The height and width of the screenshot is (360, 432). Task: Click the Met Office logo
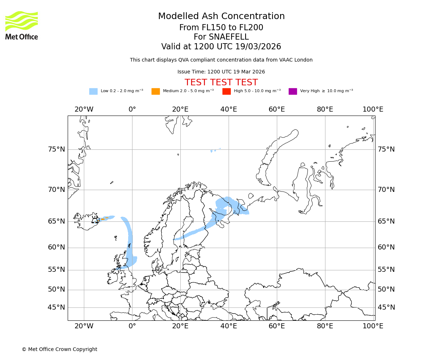coord(22,25)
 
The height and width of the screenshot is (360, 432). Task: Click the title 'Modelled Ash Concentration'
coord(221,16)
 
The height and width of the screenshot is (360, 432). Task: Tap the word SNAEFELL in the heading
coord(221,37)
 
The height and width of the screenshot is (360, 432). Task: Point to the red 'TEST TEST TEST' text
coord(221,82)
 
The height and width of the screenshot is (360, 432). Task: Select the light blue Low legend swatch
coord(93,91)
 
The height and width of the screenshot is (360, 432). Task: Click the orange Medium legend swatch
coord(156,91)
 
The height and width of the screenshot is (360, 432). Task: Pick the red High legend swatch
coord(226,91)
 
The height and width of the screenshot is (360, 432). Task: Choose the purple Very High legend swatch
coord(293,91)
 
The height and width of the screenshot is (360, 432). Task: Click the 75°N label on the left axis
coord(57,149)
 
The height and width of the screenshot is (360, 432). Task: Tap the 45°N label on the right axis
coord(386,307)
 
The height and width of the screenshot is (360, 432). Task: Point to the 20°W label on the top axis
coord(84,109)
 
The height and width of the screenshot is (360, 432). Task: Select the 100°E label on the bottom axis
coord(373,326)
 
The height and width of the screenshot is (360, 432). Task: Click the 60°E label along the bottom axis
coord(276,326)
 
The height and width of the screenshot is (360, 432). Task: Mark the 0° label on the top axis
coord(132,109)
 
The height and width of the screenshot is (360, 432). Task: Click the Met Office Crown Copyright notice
coord(59,349)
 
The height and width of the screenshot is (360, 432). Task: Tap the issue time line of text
coord(221,72)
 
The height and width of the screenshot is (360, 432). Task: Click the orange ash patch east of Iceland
coord(103,219)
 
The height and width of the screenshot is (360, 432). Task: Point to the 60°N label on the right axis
coord(386,247)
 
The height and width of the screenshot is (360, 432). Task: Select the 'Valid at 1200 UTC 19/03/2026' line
coord(221,47)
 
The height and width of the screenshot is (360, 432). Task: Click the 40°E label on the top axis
coord(229,109)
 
